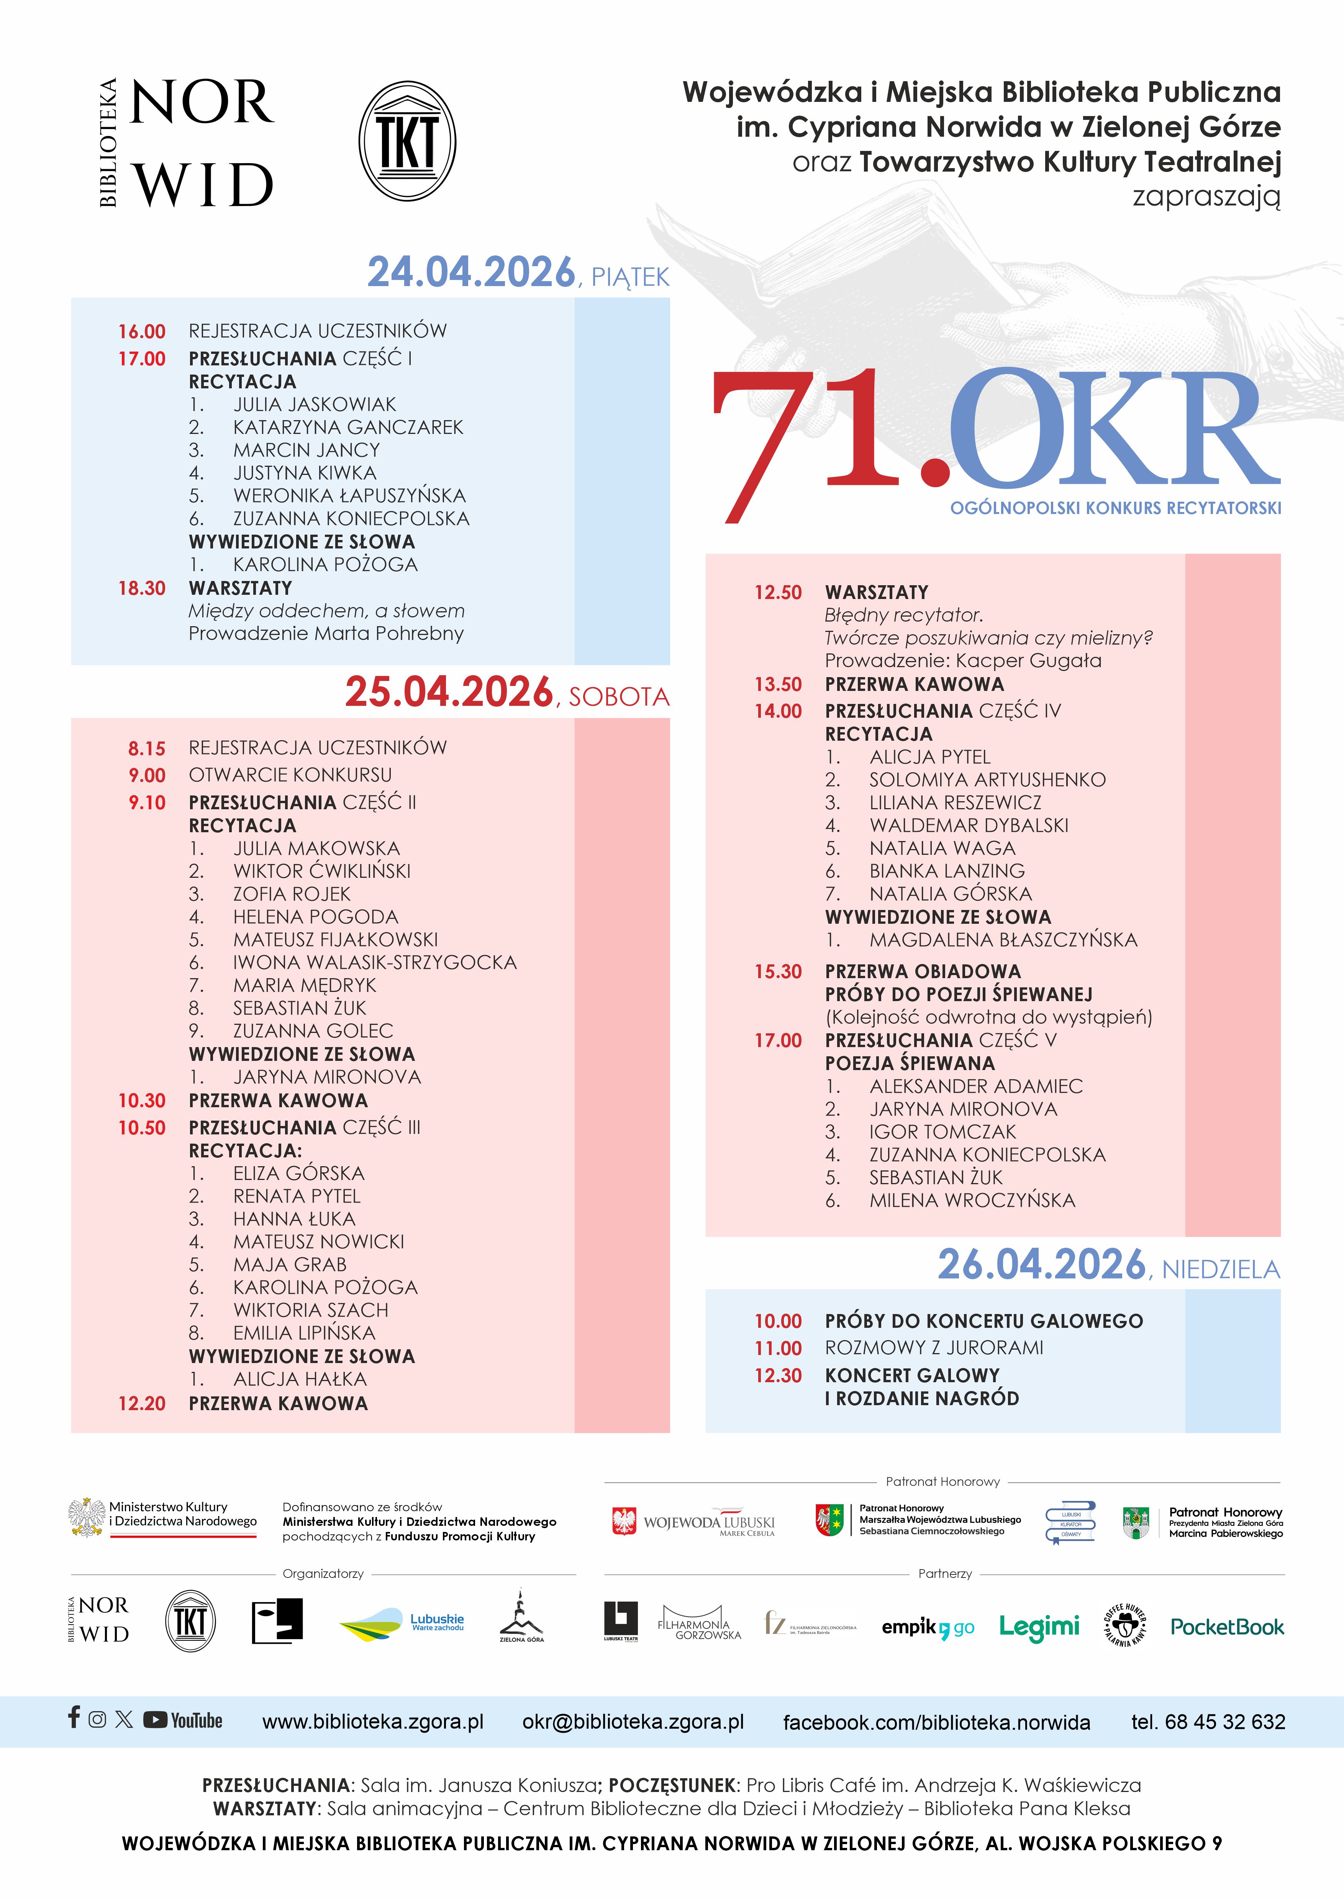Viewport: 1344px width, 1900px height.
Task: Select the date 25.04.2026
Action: coord(449,692)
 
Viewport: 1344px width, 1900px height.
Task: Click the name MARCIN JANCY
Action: coord(306,450)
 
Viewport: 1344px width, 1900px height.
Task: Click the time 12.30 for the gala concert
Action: coord(778,1375)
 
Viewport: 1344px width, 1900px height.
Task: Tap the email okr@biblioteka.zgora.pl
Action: coord(633,1722)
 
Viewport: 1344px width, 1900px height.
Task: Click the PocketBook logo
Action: coord(1226,1627)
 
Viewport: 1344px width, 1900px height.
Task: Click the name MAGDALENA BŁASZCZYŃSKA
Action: coord(1003,940)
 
